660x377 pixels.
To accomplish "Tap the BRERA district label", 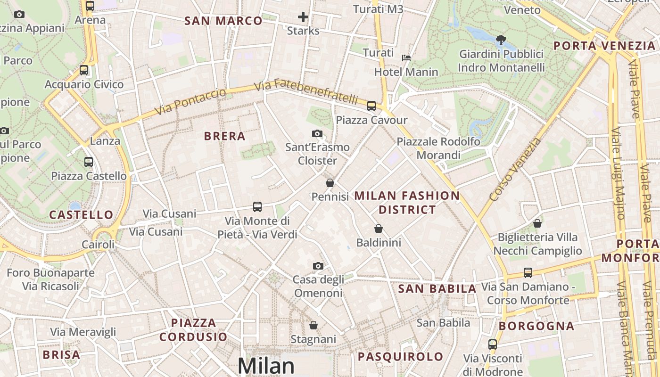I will pos(225,136).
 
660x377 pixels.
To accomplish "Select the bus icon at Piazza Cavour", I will pos(371,106).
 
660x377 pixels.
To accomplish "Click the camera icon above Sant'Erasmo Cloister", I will pos(317,134).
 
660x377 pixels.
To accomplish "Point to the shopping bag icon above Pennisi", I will pos(330,183).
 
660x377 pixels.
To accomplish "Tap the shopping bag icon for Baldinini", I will pos(378,229).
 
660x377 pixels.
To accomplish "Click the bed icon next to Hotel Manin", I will pos(406,58).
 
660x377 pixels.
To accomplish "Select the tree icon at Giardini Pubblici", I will pos(501,40).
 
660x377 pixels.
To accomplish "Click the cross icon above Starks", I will pos(303,18).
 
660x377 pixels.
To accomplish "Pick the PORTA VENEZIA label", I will pos(604,46).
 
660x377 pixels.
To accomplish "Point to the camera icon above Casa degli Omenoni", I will pos(318,266).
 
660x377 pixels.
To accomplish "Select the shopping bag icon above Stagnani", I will pos(313,325).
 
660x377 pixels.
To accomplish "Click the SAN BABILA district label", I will pos(437,289).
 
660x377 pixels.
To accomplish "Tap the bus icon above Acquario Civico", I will pos(84,70).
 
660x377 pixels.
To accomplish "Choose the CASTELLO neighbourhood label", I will pos(82,215).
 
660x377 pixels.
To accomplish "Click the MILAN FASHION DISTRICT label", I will pos(407,202).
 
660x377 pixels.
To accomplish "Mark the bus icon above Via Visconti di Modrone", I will pos(493,344).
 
